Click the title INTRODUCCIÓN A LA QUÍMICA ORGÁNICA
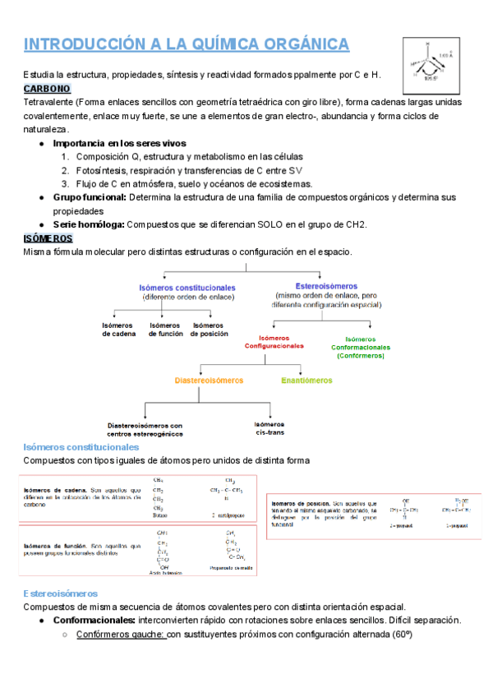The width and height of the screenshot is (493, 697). [187, 44]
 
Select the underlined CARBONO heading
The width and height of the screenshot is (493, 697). [48, 88]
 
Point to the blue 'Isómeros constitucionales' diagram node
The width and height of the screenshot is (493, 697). [187, 288]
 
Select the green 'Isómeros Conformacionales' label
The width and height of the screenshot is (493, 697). [360, 346]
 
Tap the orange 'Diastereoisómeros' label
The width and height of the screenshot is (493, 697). [209, 381]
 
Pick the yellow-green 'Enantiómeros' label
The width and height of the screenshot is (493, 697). [306, 381]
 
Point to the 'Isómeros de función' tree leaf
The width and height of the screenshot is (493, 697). [165, 330]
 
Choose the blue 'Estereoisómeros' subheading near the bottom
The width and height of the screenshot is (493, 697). [61, 593]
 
